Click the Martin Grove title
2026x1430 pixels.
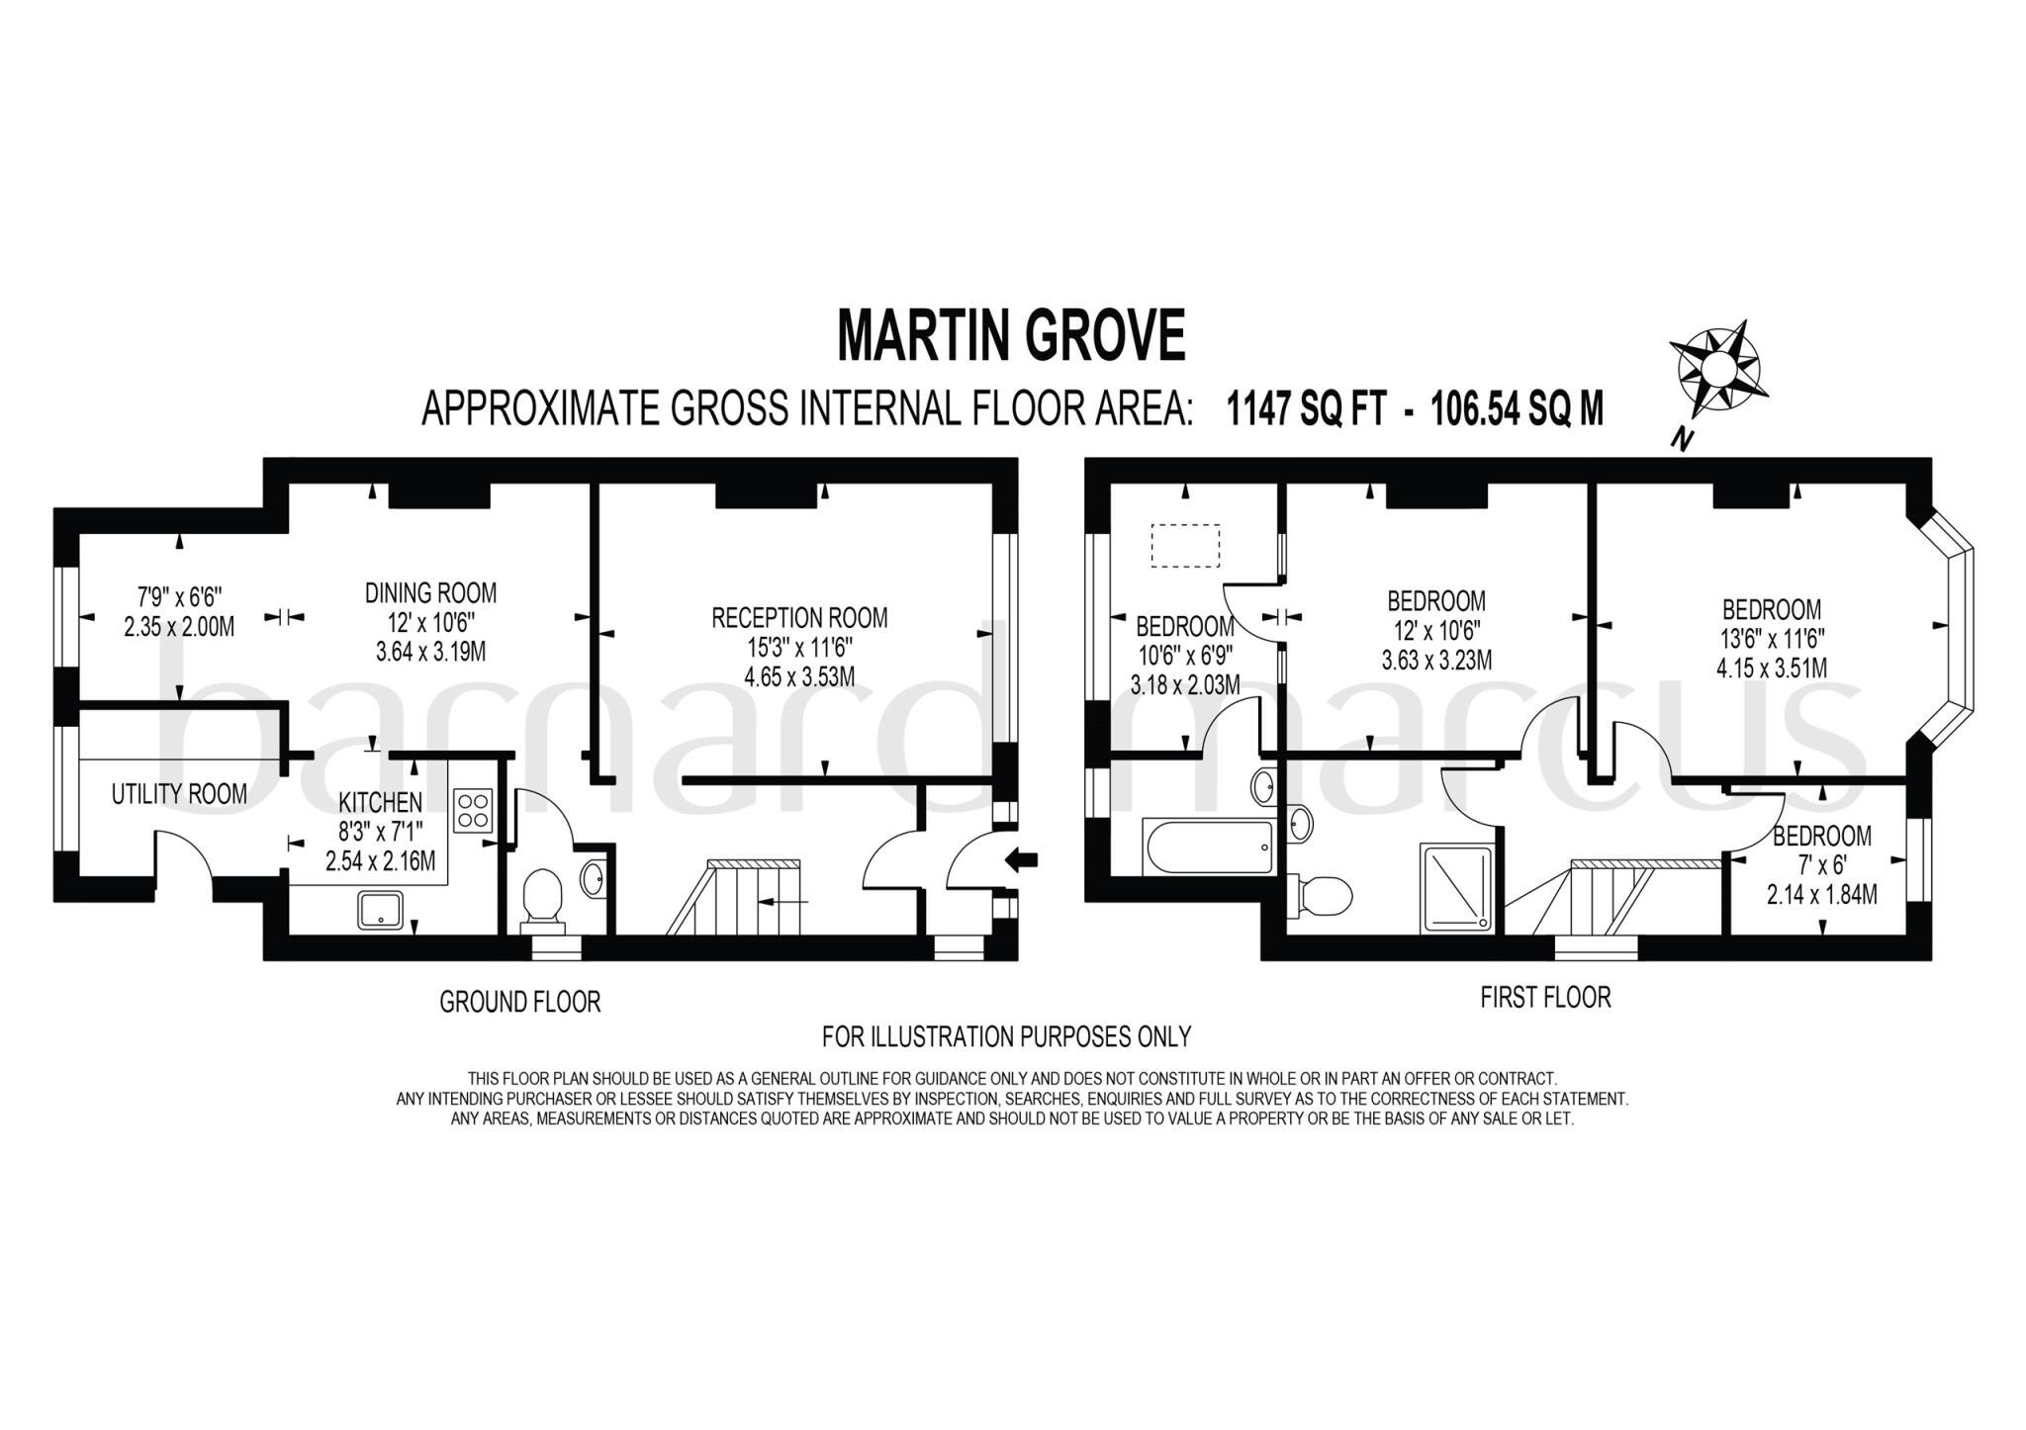(x=1010, y=336)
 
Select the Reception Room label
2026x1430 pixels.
(x=799, y=618)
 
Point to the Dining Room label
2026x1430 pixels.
(x=430, y=593)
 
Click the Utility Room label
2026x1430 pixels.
(x=179, y=794)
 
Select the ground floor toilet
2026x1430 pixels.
(x=541, y=898)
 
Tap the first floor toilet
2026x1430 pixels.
(x=1321, y=896)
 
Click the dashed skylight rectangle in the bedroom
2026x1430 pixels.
(x=1185, y=545)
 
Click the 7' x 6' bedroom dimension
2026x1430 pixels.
(x=1821, y=865)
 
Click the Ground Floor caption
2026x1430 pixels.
(x=519, y=1002)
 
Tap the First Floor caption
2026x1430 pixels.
(x=1545, y=997)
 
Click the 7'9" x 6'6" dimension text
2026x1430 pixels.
(x=179, y=597)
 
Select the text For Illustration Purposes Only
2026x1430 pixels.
(x=1006, y=1036)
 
